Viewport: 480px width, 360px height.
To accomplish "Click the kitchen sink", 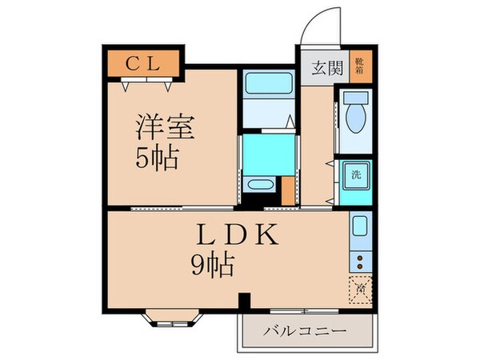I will [x=359, y=227].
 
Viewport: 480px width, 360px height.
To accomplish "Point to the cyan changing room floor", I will [x=268, y=151].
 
